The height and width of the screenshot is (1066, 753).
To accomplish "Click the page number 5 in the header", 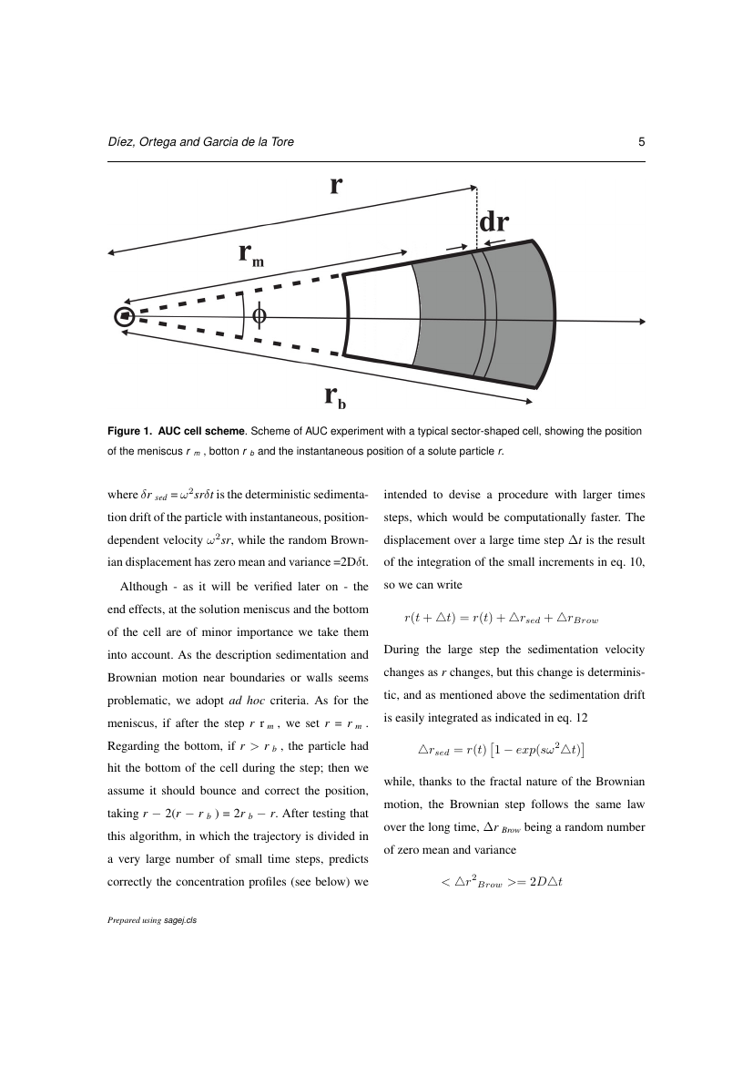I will pyautogui.click(x=642, y=142).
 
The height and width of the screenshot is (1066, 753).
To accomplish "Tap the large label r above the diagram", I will pyautogui.click(x=336, y=185).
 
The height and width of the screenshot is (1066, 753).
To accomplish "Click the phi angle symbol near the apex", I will pyautogui.click(x=259, y=315).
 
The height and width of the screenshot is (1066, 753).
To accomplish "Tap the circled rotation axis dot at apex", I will pyautogui.click(x=125, y=316).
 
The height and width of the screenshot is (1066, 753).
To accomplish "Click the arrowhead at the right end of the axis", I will pyautogui.click(x=642, y=321).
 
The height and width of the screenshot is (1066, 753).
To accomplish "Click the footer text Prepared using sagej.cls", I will pyautogui.click(x=152, y=920).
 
